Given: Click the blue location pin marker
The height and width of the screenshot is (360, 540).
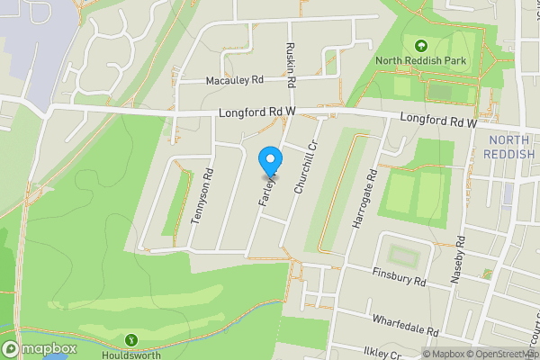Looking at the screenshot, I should pos(269,161).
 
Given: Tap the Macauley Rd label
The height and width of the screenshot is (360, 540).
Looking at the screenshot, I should pos(235,80).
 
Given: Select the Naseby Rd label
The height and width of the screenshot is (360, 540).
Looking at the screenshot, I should pos(459,258).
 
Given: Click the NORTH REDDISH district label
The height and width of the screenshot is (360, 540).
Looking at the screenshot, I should pos(511,148).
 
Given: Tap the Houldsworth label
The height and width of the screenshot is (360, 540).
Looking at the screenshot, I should pos(133,354).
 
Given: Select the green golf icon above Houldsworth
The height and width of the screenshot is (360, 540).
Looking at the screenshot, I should pos(132,339).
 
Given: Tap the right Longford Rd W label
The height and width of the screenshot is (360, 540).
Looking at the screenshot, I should pos(437,120).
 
